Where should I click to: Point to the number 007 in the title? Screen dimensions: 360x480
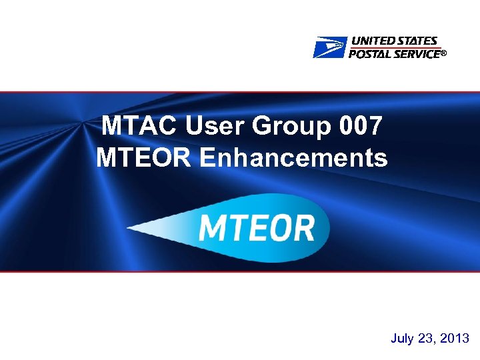pyautogui.click(x=361, y=125)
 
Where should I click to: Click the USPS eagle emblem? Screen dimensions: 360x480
pyautogui.click(x=330, y=48)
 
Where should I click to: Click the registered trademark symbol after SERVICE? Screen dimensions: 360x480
pyautogui.click(x=442, y=55)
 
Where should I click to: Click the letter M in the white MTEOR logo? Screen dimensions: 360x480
pyautogui.click(x=214, y=228)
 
